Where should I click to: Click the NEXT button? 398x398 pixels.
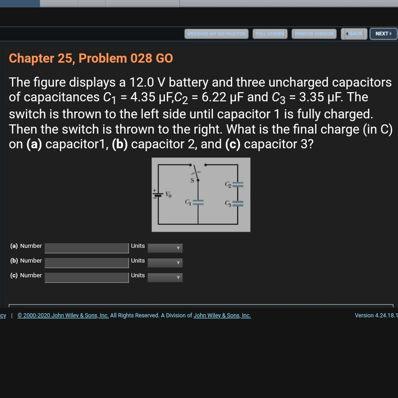pos(383,34)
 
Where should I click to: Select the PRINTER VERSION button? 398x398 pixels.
pos(314,34)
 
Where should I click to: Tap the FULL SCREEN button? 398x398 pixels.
pos(270,34)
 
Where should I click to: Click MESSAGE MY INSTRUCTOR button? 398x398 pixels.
pos(216,34)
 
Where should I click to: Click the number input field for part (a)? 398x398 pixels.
pos(87,248)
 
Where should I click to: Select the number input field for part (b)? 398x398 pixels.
pos(87,263)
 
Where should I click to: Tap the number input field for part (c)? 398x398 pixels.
pos(87,277)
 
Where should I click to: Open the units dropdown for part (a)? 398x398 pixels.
pos(165,248)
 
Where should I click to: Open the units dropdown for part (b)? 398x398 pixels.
pos(165,263)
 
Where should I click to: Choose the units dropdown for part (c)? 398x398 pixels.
pos(165,277)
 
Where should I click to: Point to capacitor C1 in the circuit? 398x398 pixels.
pos(198,202)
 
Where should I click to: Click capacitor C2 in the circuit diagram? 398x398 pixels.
pos(238,185)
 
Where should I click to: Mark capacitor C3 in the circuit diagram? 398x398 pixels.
pos(238,203)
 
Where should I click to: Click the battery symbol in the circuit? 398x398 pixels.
pos(158,194)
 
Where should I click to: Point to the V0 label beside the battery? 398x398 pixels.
pos(168,194)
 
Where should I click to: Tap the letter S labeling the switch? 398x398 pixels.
pos(192,180)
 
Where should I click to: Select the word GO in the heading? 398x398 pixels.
pos(164,58)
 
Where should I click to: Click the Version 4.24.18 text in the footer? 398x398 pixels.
pos(376,315)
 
